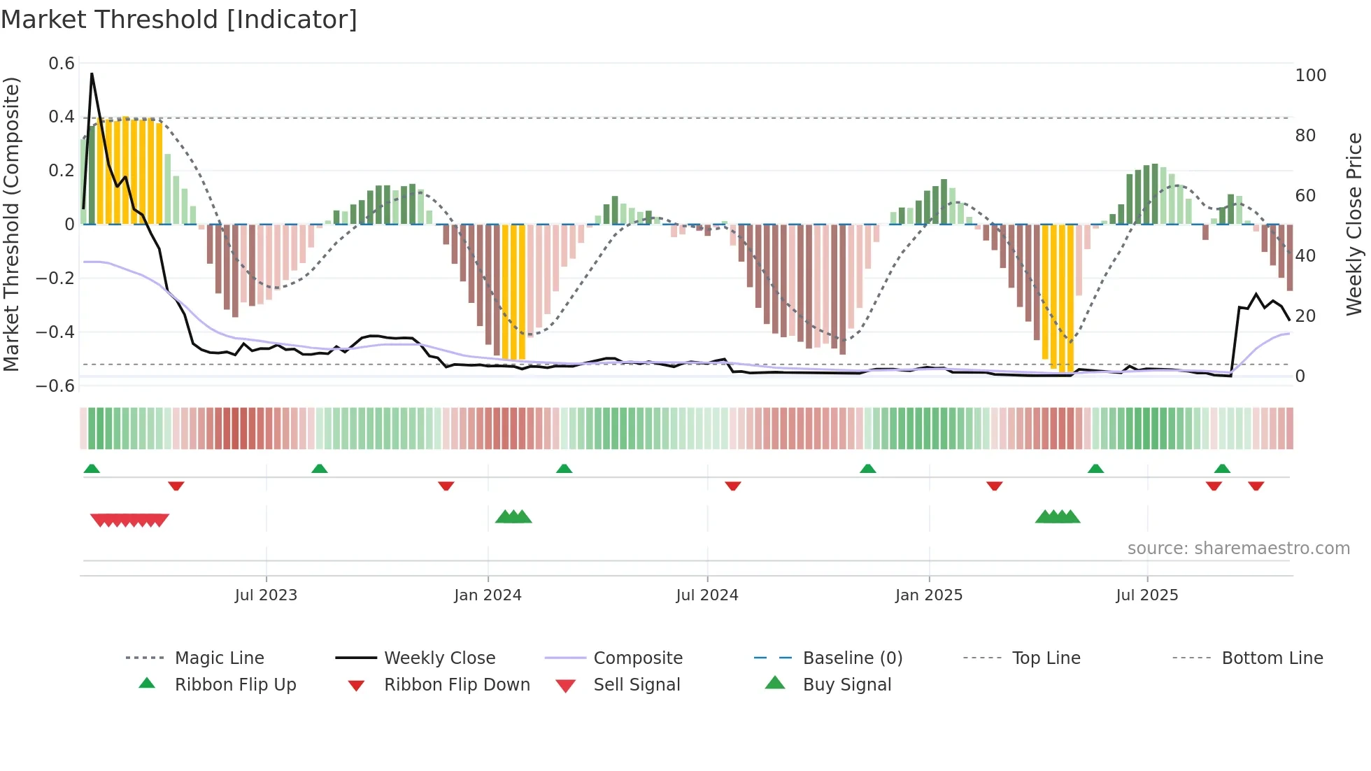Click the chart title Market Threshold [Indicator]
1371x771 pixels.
click(179, 20)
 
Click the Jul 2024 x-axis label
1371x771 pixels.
click(707, 595)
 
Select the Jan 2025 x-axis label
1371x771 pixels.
click(929, 595)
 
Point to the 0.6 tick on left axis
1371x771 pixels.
click(62, 64)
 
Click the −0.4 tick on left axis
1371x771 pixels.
click(55, 332)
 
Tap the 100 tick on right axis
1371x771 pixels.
click(1310, 76)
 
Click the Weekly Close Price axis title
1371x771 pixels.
click(1354, 224)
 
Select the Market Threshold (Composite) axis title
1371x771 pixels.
click(11, 224)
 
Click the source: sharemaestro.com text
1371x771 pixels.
click(1238, 549)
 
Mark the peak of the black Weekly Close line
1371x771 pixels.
click(92, 73)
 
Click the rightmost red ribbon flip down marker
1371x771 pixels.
click(1256, 486)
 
